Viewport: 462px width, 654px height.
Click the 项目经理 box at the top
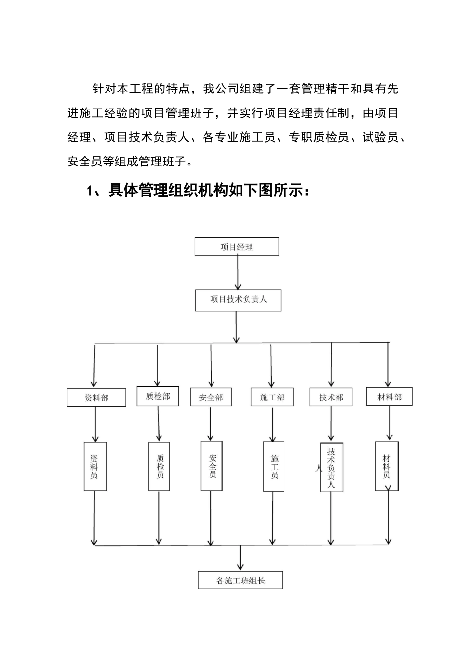pyautogui.click(x=237, y=247)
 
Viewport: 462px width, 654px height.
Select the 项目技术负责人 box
pyautogui.click(x=238, y=299)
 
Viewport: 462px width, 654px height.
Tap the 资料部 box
pyautogui.click(x=96, y=398)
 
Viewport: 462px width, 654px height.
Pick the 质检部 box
pyautogui.click(x=158, y=396)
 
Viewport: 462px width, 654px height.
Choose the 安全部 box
pyautogui.click(x=211, y=397)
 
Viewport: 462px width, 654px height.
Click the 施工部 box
pyautogui.click(x=272, y=397)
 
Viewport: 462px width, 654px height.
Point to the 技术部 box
pyautogui.click(x=331, y=397)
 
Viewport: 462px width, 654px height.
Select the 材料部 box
pyautogui.click(x=389, y=397)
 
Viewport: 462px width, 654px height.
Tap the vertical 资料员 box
pyautogui.click(x=95, y=466)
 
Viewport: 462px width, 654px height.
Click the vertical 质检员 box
pyautogui.click(x=160, y=466)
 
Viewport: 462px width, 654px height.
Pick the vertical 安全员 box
pyautogui.click(x=212, y=466)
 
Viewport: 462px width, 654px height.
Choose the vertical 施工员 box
pyautogui.click(x=274, y=466)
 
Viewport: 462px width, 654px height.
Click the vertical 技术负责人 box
pyautogui.click(x=332, y=467)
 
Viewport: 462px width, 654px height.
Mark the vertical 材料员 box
pyautogui.click(x=387, y=466)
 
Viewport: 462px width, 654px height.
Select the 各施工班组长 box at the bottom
pyautogui.click(x=240, y=580)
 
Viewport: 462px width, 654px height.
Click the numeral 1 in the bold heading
pyautogui.click(x=89, y=190)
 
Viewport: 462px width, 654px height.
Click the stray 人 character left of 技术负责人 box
pyautogui.click(x=319, y=468)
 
